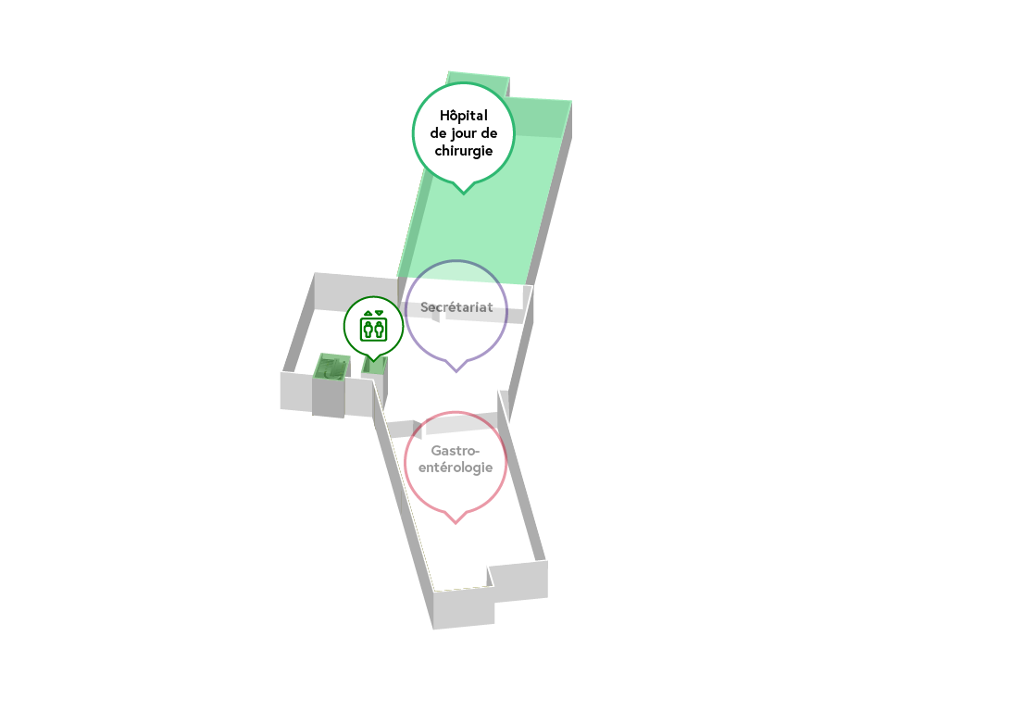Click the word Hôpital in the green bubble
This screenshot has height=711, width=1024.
click(463, 116)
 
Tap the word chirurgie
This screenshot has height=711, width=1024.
click(463, 151)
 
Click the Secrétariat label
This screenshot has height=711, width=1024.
click(456, 306)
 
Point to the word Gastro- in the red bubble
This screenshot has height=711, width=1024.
click(456, 450)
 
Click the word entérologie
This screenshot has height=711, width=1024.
click(456, 468)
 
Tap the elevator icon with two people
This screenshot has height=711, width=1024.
click(373, 328)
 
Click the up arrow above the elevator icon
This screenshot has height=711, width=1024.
click(368, 313)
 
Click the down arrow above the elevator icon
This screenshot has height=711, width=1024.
click(379, 313)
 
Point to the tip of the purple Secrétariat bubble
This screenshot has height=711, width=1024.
click(456, 371)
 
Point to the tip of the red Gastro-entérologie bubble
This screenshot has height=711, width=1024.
click(456, 523)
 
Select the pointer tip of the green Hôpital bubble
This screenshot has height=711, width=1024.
click(463, 192)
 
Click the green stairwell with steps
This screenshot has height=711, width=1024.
click(331, 367)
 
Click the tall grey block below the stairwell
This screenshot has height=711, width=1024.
click(328, 398)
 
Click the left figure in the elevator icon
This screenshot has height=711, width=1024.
click(368, 329)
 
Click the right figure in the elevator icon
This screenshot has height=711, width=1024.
click(379, 329)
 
